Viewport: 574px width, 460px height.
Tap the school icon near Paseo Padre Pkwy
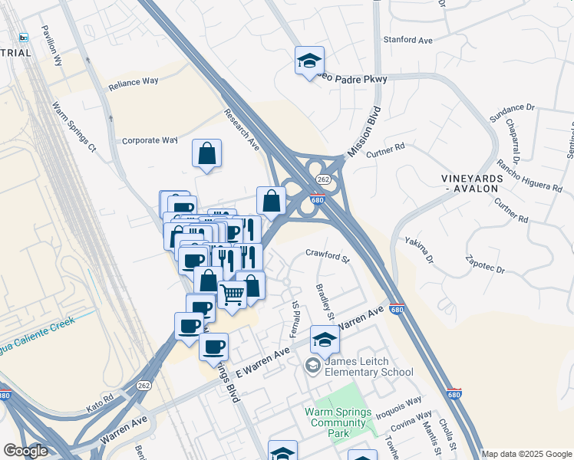tap(309, 61)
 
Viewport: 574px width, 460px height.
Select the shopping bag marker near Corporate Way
tap(206, 153)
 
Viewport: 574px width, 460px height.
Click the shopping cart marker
tap(232, 294)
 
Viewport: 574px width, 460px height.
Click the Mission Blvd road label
tap(364, 132)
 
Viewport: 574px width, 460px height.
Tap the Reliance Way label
tap(133, 85)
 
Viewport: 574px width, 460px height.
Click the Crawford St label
tap(328, 252)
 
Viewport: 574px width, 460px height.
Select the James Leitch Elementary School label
tap(369, 366)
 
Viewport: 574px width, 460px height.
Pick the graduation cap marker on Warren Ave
tap(325, 338)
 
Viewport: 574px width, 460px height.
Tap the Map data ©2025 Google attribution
tap(526, 454)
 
